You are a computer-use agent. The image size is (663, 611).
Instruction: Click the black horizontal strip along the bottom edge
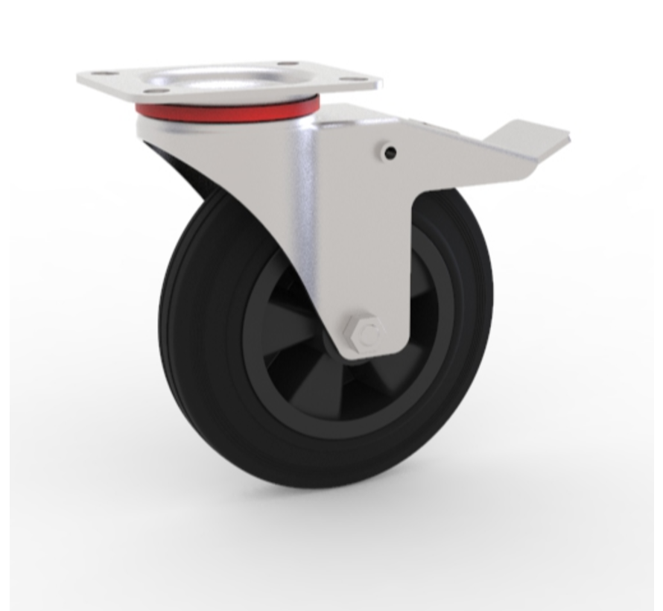(331, 608)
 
